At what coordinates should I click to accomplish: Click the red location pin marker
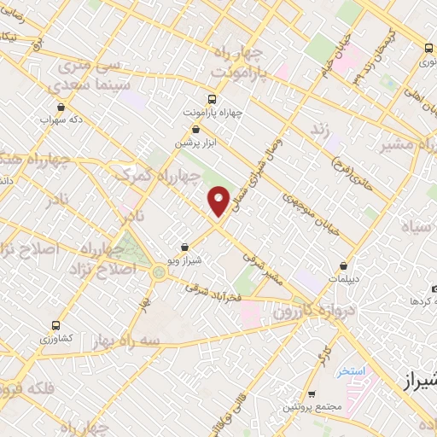[219, 200]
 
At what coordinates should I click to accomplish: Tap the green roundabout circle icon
[159, 272]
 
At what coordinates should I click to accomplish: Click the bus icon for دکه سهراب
[61, 108]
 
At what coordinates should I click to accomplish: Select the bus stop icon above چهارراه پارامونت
[213, 98]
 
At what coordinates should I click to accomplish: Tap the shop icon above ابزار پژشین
[197, 129]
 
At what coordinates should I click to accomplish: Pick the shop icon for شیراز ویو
[184, 247]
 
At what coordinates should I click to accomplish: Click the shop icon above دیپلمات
[343, 265]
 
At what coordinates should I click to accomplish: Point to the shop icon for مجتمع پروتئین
[312, 394]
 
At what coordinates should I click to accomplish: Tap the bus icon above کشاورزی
[55, 325]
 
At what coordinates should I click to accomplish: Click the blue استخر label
[351, 371]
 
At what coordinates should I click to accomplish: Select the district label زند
[319, 128]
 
